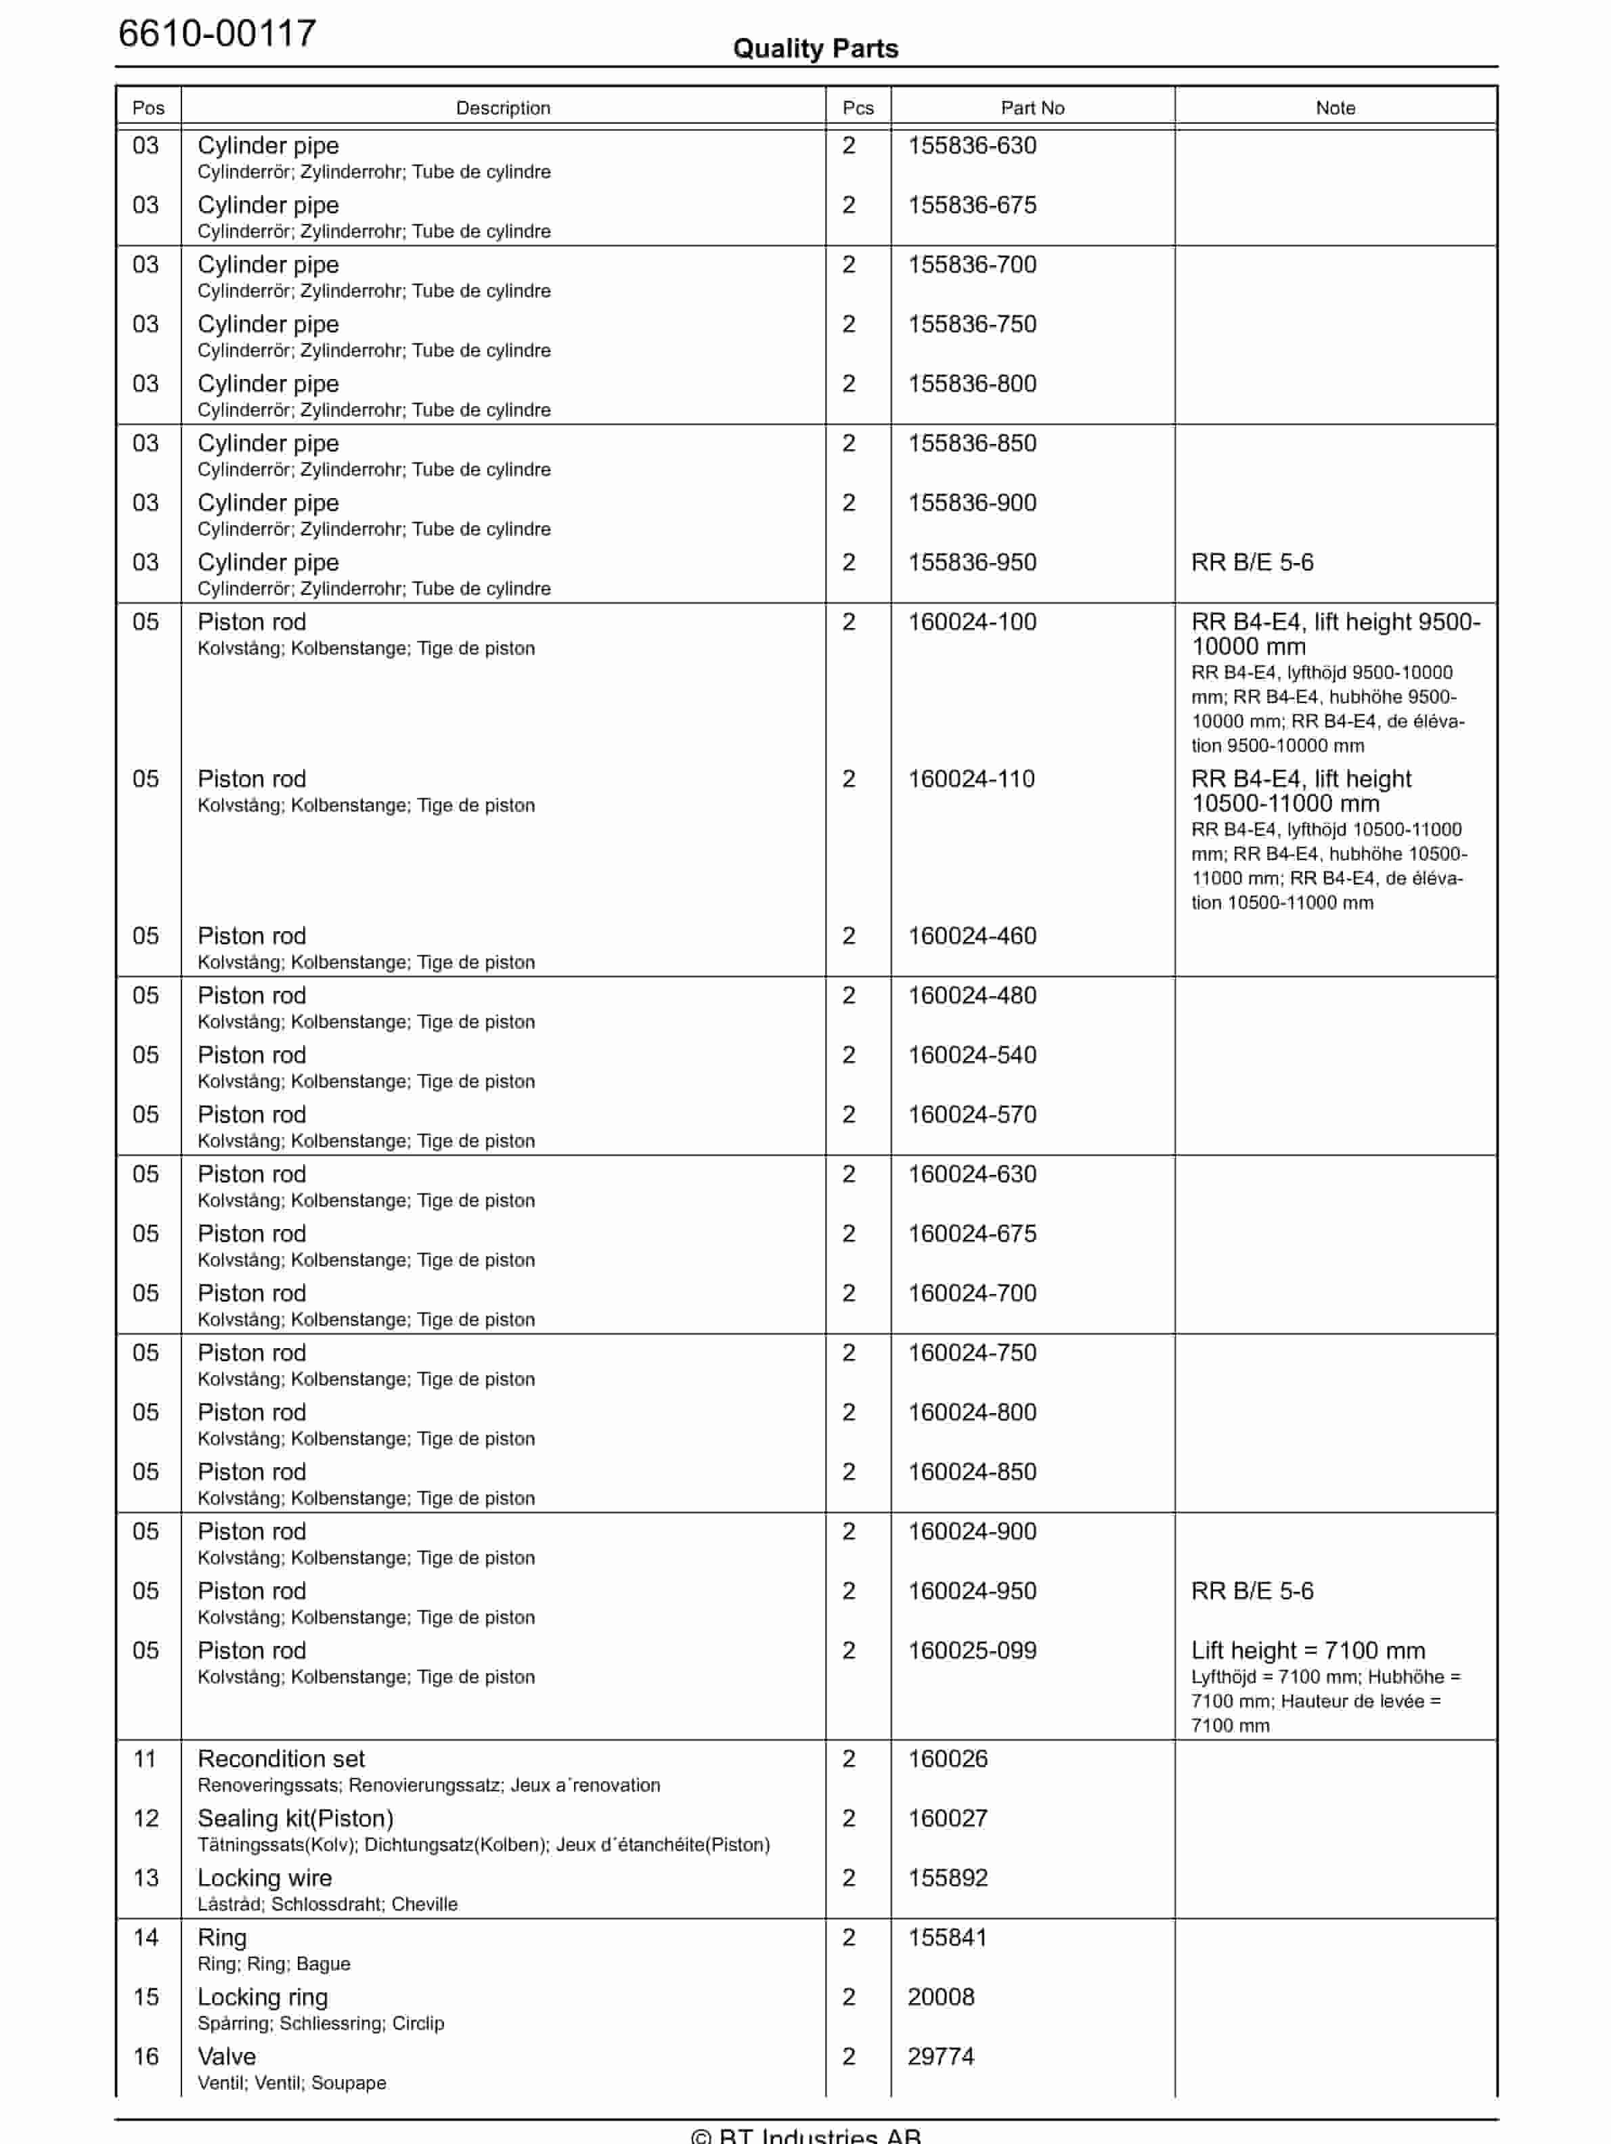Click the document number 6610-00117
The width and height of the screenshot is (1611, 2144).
click(217, 33)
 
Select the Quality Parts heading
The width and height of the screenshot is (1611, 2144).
click(815, 49)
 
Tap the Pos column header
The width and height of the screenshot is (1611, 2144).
click(148, 108)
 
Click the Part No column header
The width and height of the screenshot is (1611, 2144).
click(1032, 108)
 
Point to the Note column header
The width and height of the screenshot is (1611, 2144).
click(1335, 108)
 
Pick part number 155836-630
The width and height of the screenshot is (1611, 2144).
click(971, 146)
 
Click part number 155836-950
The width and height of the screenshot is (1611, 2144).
click(971, 562)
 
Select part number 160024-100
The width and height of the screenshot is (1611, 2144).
click(971, 621)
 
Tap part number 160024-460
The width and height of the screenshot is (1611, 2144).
click(971, 935)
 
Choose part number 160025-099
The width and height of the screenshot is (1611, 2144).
click(971, 1650)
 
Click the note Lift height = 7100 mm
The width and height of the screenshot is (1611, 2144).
click(1308, 1650)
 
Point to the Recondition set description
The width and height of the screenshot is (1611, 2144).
click(281, 1758)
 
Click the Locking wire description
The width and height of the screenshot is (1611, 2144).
click(265, 1877)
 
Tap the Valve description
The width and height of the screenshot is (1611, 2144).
click(227, 2056)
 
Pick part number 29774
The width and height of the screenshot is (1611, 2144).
click(940, 2056)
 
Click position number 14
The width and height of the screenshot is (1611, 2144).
click(146, 1937)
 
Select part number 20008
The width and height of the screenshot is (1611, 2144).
click(940, 1996)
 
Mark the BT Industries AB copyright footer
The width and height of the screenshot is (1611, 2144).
click(805, 2135)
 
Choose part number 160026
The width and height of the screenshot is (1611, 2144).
click(947, 1758)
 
